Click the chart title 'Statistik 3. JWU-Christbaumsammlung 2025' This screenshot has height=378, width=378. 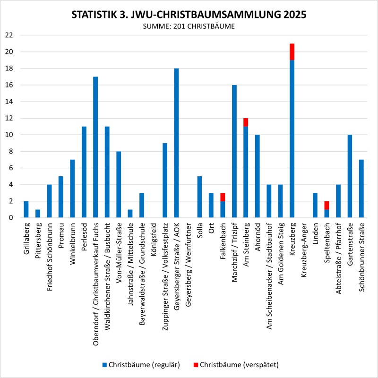(x=189, y=15)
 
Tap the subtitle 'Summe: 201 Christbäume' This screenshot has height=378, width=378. (x=189, y=27)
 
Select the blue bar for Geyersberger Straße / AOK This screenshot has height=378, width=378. (x=176, y=143)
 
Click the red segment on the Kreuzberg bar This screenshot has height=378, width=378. (x=292, y=52)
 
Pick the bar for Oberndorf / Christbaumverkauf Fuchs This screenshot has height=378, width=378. (x=95, y=147)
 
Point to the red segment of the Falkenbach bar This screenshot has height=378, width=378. (x=223, y=197)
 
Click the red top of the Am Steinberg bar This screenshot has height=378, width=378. (x=246, y=122)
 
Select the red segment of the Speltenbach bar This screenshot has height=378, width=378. (x=326, y=205)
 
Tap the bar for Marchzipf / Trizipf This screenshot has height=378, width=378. (x=234, y=151)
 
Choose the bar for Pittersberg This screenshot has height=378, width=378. (x=37, y=214)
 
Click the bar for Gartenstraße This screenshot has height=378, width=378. (x=350, y=176)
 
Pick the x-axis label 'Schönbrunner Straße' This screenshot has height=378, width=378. (x=361, y=258)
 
